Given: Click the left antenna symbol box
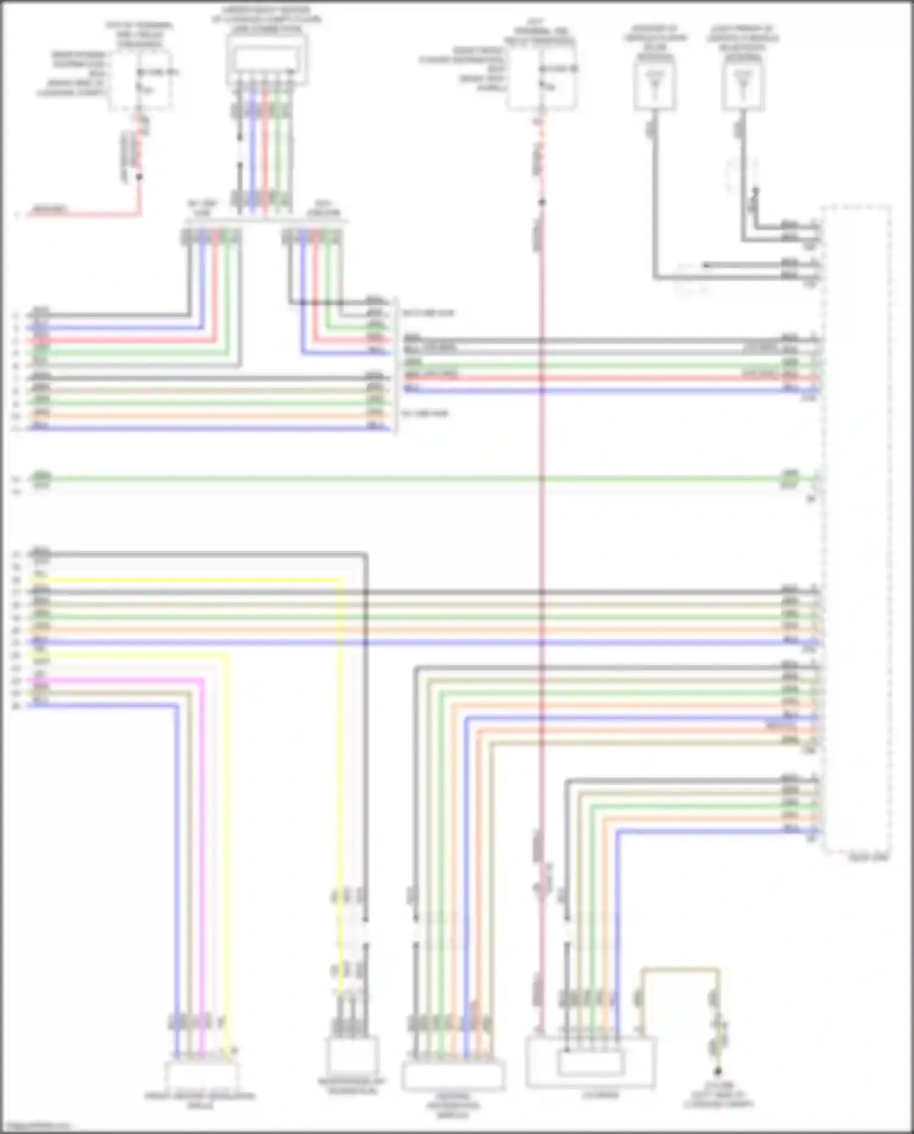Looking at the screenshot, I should (654, 87).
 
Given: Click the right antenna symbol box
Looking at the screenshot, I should (743, 87).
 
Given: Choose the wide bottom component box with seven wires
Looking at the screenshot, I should (453, 1076).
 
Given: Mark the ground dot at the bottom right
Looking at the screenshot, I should (718, 1071).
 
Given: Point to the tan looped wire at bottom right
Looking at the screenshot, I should (679, 969).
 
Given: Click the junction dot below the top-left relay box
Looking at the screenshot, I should (139, 177).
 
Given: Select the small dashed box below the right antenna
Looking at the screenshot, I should (741, 175).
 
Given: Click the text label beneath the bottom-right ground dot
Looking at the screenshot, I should (719, 1094).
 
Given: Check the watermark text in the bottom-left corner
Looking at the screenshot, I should (35, 1126).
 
